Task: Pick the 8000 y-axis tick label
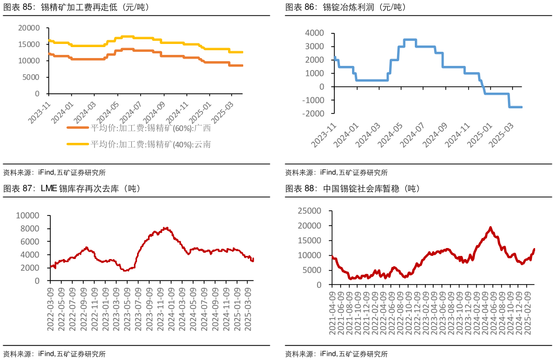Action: (x=29, y=229)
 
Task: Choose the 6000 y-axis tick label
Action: (x=29, y=242)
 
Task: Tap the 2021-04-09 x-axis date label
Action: (x=332, y=313)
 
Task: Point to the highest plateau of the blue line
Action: (x=410, y=40)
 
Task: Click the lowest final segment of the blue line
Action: (x=516, y=107)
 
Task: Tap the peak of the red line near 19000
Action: (x=490, y=228)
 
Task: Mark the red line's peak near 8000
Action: (x=166, y=228)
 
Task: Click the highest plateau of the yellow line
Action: (x=128, y=37)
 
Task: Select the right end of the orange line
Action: (x=242, y=65)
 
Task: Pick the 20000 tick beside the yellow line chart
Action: (x=29, y=28)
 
